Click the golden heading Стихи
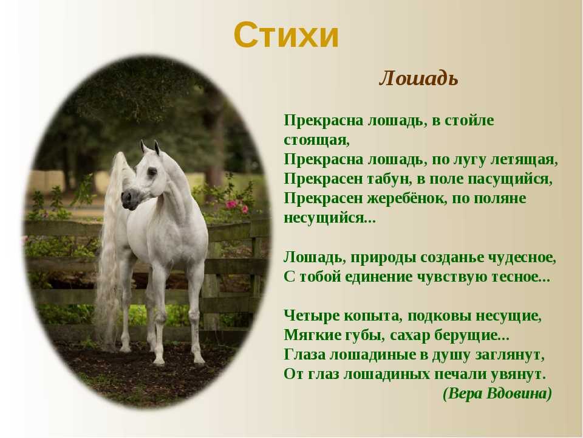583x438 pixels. point(286,35)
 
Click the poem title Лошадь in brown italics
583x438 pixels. point(418,78)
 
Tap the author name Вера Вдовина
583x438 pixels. point(497,394)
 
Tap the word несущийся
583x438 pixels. point(330,218)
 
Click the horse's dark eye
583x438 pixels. point(152,172)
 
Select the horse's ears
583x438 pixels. point(151,147)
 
